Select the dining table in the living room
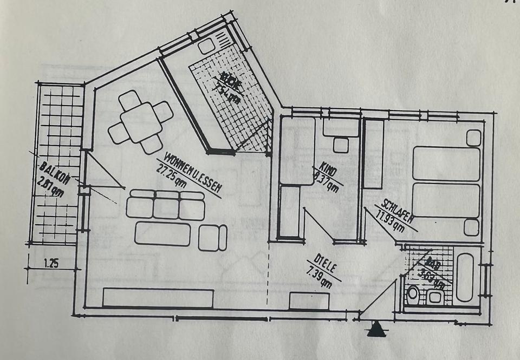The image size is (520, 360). (x=140, y=122)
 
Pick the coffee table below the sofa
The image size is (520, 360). (x=162, y=234)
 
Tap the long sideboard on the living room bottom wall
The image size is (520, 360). (x=158, y=298)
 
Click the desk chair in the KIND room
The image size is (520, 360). (x=341, y=145)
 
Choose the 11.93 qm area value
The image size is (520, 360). (x=389, y=220)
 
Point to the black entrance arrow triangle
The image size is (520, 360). (x=376, y=330)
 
